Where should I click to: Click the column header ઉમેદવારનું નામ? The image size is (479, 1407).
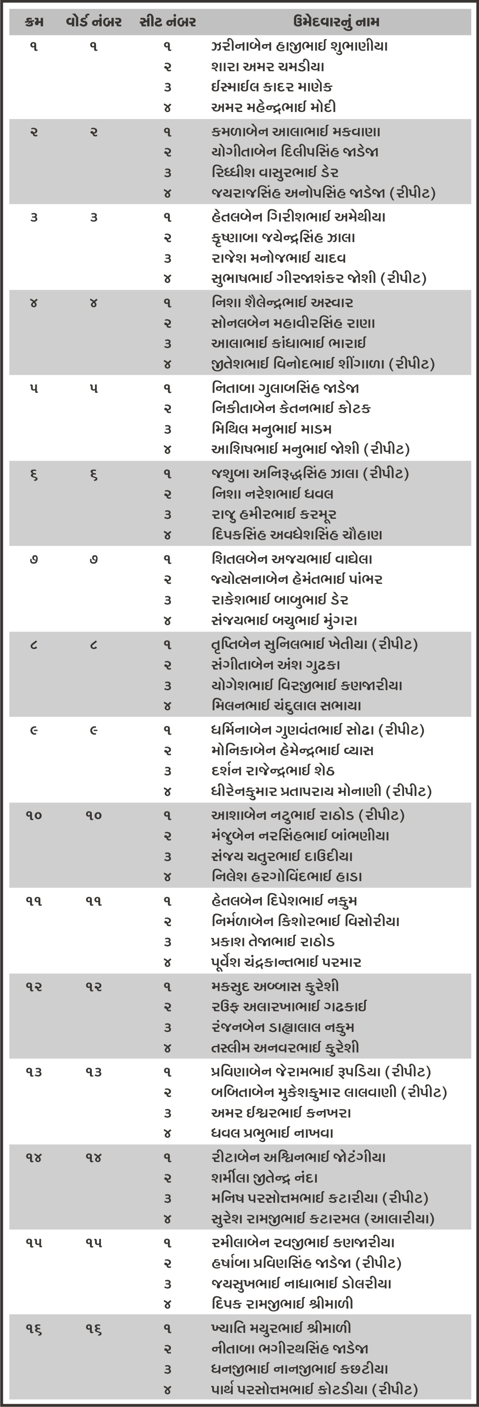click(335, 22)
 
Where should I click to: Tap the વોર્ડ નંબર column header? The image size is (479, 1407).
click(93, 22)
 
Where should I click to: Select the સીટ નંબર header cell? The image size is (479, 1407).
click(168, 22)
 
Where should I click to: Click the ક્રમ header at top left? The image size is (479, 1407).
click(34, 22)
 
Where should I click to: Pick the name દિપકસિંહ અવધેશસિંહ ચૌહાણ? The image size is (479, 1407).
click(297, 535)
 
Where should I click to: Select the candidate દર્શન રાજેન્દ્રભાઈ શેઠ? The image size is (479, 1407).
click(273, 771)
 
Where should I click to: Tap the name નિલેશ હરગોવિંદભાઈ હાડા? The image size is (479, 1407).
click(287, 877)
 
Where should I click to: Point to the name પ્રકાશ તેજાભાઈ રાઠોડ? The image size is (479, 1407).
click(273, 942)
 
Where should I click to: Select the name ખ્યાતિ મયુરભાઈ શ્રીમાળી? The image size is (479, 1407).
click(281, 1328)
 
